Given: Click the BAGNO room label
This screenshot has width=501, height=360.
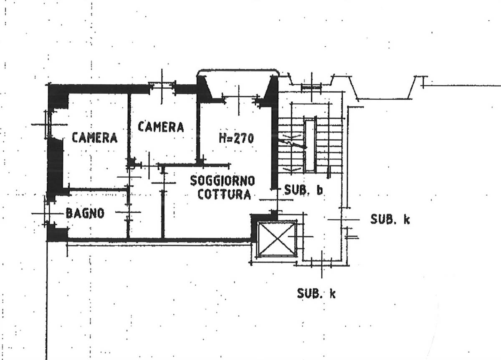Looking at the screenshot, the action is (x=85, y=213).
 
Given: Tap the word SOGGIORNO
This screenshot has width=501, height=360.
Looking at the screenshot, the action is (x=222, y=181).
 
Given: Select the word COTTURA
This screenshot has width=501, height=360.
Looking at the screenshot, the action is (x=224, y=194).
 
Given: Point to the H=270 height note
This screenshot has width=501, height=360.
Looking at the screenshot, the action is (x=236, y=138).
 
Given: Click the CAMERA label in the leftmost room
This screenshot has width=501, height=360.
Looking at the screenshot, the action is (x=95, y=137).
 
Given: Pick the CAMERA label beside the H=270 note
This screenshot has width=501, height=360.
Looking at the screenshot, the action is (x=161, y=127).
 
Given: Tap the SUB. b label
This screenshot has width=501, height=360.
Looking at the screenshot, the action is (x=304, y=190).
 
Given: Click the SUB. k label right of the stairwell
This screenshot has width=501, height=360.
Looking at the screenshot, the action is (x=390, y=219).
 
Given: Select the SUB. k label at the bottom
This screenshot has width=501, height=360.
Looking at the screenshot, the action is (x=316, y=293).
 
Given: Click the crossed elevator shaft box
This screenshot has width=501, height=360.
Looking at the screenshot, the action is (x=277, y=239).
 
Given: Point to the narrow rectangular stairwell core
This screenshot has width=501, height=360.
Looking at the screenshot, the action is (x=310, y=146).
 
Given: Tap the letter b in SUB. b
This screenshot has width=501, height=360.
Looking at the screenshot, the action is (x=320, y=190).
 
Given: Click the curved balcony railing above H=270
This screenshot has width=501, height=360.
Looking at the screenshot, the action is (x=238, y=70).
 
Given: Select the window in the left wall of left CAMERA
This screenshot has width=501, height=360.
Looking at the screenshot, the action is (x=48, y=124).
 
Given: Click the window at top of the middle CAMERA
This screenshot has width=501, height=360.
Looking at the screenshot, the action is (x=162, y=87).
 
